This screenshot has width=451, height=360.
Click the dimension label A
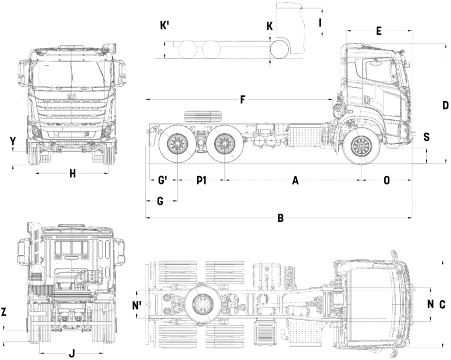click(295, 181)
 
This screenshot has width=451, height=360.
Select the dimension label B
click(281, 218)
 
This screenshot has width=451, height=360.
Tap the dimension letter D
click(445, 106)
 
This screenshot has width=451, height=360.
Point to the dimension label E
click(379, 31)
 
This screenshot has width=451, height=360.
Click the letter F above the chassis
click(243, 99)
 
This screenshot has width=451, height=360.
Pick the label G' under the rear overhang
click(163, 181)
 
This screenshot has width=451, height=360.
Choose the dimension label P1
click(201, 181)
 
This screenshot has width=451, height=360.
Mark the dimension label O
click(386, 181)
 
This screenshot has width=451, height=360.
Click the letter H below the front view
click(72, 173)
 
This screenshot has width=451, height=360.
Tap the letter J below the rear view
click(72, 353)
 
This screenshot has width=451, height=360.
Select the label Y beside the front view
click(12, 141)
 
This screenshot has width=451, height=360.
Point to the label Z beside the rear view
click(4, 312)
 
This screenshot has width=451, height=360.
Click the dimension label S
click(426, 137)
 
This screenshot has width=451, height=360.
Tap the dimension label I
click(320, 22)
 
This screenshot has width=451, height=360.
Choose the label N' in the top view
click(137, 305)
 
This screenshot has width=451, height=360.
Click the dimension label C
click(442, 304)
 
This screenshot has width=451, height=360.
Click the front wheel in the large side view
click(361, 146)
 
